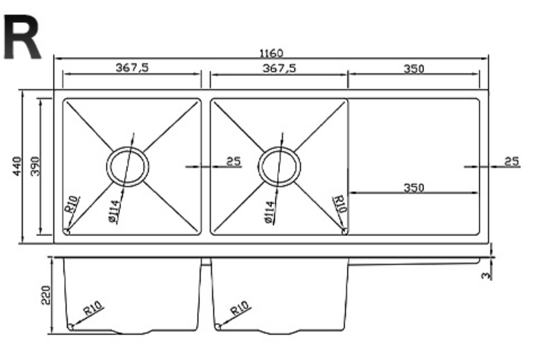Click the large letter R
[22, 37]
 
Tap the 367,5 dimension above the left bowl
[131, 67]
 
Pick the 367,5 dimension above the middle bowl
[278, 67]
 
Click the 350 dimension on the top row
[413, 68]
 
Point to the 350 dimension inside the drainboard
[413, 187]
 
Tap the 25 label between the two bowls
[234, 161]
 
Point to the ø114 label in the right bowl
[269, 211]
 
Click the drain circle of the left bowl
[127, 166]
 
